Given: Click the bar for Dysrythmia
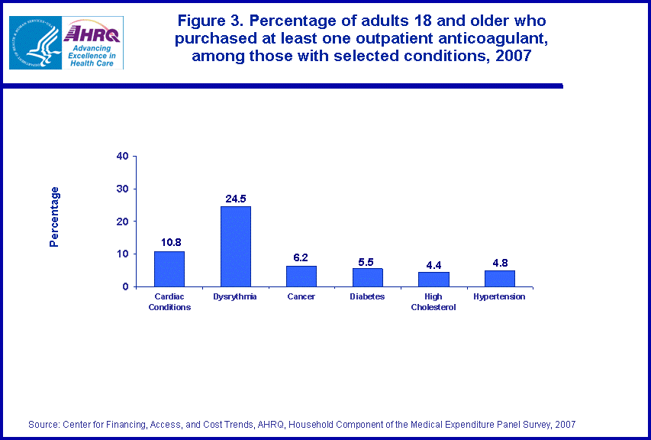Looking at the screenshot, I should [x=235, y=246].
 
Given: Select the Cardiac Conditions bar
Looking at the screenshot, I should [x=169, y=268].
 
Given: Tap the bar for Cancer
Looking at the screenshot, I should [x=301, y=276].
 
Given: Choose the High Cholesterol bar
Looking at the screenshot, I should [x=433, y=279].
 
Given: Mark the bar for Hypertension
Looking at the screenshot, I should [x=499, y=278].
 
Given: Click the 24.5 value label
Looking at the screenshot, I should [x=235, y=199].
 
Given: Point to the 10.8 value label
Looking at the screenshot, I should [x=169, y=243].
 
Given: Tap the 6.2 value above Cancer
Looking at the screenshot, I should [x=301, y=258].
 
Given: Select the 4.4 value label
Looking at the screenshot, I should [x=433, y=264].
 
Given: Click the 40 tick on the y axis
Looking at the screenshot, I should [x=122, y=157].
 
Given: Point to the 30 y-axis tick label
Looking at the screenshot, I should [x=122, y=189].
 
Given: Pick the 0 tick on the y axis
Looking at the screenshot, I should [x=125, y=286].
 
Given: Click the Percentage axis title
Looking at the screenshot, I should [x=54, y=217].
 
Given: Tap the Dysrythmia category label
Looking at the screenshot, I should [x=235, y=296].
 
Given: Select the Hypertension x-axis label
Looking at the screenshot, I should [x=499, y=296].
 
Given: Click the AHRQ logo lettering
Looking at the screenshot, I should [x=92, y=33].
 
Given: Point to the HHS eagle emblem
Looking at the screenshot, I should [x=34, y=42].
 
